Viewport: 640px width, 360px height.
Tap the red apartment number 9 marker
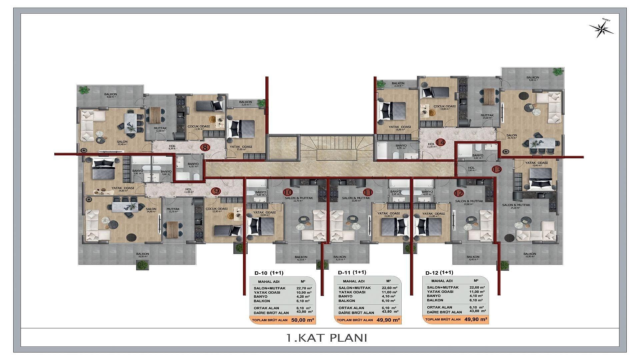216,191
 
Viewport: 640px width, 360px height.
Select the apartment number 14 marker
441,142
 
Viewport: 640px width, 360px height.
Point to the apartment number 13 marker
497,169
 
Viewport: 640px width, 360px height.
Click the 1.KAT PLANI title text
326,338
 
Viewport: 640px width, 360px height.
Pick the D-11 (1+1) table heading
352,272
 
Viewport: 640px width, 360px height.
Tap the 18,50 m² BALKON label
142,255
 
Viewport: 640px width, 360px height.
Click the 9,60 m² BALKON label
110,96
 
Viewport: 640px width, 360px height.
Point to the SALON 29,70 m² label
512,137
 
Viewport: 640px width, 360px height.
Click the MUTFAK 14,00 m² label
487,117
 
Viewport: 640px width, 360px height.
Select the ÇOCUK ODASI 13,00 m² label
444,107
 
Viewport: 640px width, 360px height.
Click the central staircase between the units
336,148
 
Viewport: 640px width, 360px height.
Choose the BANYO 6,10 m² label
193,166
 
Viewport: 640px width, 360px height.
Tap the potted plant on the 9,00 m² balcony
557,71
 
